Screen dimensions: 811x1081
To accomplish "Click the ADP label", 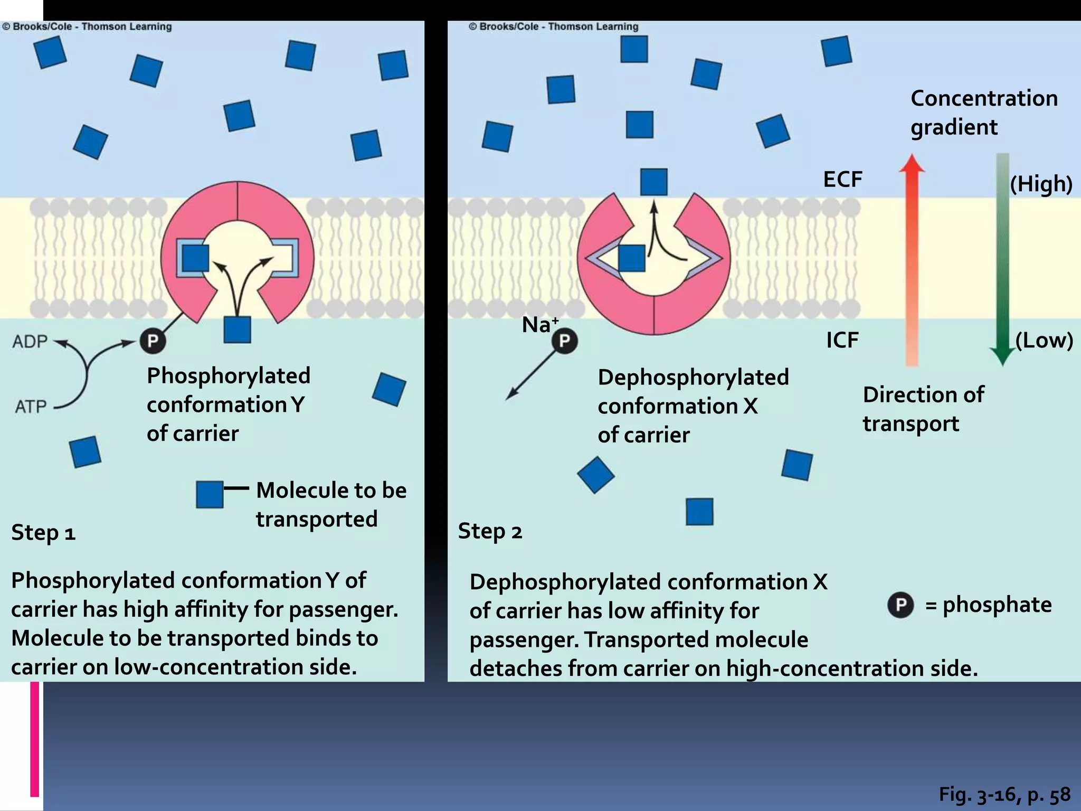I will (30, 342).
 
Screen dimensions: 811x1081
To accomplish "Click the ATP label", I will (31, 407).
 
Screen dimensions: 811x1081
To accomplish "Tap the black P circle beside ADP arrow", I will (153, 341).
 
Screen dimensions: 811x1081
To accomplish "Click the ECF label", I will (842, 180).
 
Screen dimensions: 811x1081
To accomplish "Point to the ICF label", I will (842, 340).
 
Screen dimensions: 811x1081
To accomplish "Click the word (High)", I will (1040, 184).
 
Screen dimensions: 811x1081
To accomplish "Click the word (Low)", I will (1044, 341).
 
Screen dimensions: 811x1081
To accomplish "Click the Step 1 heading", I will (43, 532).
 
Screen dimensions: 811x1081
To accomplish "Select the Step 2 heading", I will (490, 531).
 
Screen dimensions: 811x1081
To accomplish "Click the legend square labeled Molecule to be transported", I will (210, 494).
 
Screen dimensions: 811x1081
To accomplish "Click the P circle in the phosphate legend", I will (900, 605).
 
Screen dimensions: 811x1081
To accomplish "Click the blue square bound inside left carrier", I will (195, 258).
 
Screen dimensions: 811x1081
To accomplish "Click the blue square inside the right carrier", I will (631, 258).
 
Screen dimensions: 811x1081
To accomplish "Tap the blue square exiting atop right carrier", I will (653, 182).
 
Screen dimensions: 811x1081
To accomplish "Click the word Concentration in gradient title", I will (984, 98).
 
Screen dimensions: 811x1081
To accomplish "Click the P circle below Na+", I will (564, 341).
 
